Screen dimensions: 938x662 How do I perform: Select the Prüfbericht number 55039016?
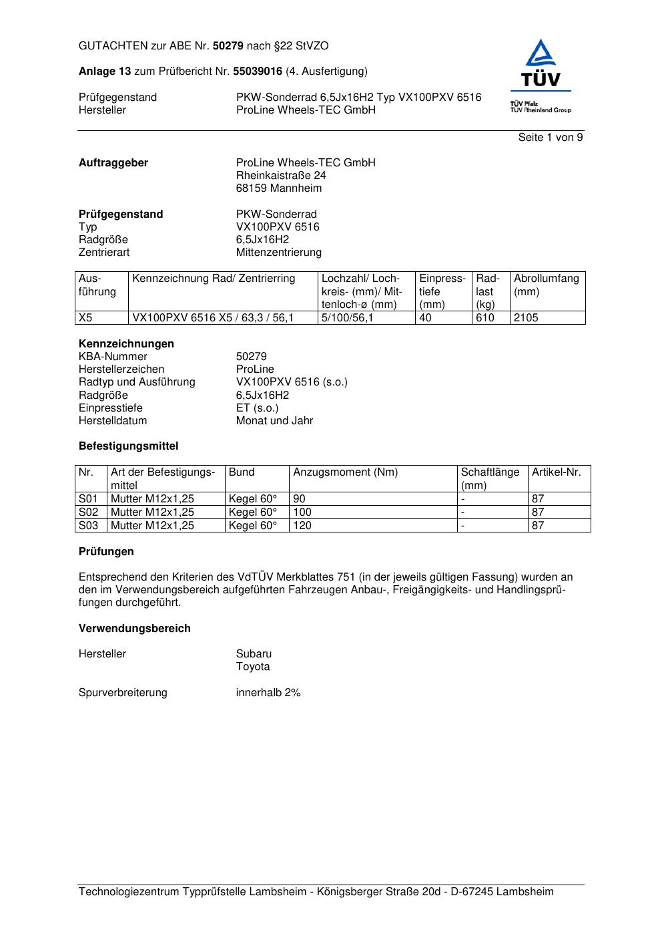[258, 71]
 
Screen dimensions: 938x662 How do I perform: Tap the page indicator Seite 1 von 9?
[551, 138]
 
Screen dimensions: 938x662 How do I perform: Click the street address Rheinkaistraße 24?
[281, 176]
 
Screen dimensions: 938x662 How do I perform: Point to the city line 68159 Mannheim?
[278, 188]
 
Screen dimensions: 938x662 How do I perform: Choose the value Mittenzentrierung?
[278, 253]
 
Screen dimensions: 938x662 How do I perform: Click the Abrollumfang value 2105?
[526, 318]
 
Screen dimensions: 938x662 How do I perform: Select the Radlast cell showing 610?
[484, 318]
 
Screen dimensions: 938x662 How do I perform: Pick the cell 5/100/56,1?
[348, 318]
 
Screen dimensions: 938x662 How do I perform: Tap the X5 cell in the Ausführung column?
[85, 318]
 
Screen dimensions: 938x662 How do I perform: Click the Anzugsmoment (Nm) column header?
[345, 472]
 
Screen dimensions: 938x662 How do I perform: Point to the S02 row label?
[88, 512]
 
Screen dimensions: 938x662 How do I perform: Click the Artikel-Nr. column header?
[556, 472]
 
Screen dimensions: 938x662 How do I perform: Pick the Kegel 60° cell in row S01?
[252, 499]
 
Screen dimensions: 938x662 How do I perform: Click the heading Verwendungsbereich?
[134, 629]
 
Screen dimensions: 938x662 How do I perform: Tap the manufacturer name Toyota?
[253, 667]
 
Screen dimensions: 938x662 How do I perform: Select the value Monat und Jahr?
[274, 421]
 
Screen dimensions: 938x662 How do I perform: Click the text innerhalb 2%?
[268, 693]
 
